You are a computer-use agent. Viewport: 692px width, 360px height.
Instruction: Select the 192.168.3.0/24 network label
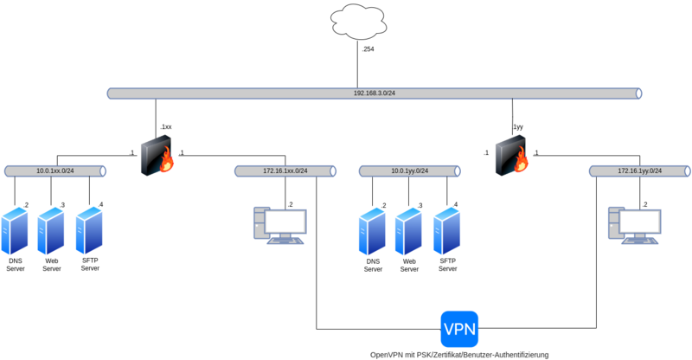point(374,93)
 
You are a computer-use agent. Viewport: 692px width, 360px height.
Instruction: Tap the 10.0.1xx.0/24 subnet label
point(55,171)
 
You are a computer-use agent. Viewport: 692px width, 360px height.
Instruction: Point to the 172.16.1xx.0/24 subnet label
point(285,171)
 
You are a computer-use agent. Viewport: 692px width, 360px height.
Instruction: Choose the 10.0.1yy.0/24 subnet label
point(410,171)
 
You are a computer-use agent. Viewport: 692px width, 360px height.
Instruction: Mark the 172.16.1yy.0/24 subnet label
point(640,171)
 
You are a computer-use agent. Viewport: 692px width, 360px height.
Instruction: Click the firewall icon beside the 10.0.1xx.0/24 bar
point(157,156)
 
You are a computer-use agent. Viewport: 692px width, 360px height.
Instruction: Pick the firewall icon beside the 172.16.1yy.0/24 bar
point(512,156)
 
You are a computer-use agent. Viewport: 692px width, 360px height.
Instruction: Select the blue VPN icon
point(459,329)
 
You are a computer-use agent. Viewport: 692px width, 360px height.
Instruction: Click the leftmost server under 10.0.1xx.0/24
point(15,230)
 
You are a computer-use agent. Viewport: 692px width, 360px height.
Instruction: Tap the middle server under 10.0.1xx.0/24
point(51,230)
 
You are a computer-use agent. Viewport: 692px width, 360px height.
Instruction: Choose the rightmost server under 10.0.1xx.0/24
point(89,230)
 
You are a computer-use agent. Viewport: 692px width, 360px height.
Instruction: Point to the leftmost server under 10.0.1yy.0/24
point(372,230)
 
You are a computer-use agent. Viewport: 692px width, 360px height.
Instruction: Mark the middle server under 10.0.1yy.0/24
point(408,230)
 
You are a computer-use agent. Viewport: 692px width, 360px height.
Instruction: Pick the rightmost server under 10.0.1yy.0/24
point(446,230)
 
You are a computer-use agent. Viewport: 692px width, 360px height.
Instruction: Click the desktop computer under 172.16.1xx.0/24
point(279,225)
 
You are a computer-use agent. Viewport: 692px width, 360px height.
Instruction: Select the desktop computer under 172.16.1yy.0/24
point(635,225)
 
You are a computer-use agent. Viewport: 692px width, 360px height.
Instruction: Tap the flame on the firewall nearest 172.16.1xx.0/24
point(165,162)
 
